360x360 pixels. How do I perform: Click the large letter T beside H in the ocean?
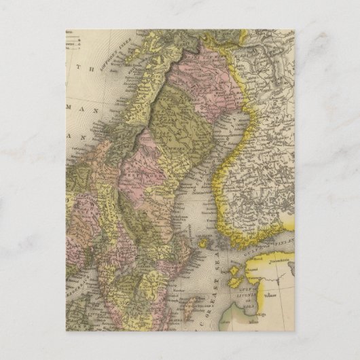tap(82, 67)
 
